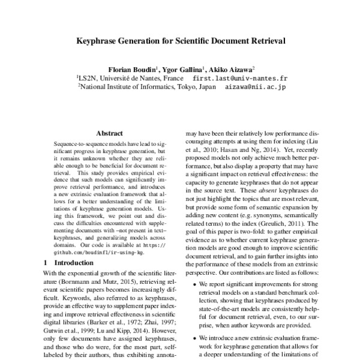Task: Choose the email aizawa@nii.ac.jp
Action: pos(256,87)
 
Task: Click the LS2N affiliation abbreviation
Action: pos(88,79)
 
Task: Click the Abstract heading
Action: pos(110,133)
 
